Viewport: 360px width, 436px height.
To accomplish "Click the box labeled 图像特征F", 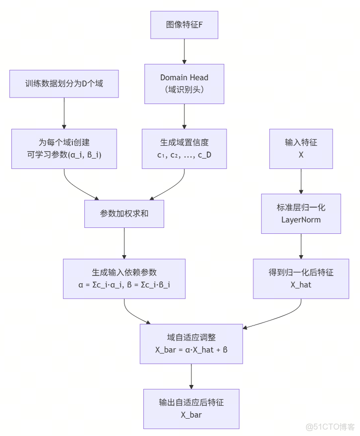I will [x=184, y=25].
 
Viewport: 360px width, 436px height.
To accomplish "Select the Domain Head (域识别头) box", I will [x=184, y=84].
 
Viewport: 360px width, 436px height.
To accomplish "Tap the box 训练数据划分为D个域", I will [x=64, y=84].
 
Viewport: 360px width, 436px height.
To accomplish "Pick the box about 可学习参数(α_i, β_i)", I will [x=64, y=149].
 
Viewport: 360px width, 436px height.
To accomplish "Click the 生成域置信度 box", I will [x=184, y=149].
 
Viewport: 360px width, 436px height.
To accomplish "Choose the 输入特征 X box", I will [x=300, y=149].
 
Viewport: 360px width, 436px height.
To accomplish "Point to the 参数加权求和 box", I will [x=124, y=214].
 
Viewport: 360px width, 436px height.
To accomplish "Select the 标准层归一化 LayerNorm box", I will [x=300, y=214].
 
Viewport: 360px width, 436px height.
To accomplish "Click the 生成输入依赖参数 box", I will [x=124, y=278].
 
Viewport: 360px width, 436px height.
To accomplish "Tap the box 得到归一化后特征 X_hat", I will [x=300, y=278].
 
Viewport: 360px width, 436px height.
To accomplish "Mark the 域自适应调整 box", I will [x=191, y=343].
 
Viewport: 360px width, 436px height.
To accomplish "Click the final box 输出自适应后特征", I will [x=191, y=409].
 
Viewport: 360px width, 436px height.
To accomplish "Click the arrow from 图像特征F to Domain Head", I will [x=184, y=51].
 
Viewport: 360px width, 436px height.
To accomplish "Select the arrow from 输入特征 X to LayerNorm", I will [x=300, y=181].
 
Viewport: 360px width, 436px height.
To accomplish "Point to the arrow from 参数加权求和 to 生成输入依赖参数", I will [x=124, y=243].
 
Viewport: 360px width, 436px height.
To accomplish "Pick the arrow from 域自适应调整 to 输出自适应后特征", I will [x=191, y=376].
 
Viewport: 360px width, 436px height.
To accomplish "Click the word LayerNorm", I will [x=300, y=219].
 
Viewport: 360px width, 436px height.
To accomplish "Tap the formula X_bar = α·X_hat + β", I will [x=191, y=350].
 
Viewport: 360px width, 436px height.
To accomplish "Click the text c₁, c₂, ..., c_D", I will [x=184, y=155].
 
